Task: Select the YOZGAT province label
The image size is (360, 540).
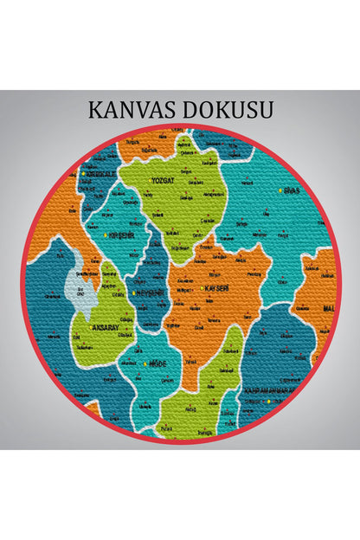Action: tap(163, 181)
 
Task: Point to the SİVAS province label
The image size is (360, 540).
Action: tap(293, 190)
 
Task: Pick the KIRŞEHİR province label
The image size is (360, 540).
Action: tap(121, 235)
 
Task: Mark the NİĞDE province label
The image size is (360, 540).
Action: tap(158, 364)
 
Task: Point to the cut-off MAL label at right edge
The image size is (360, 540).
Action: tap(328, 308)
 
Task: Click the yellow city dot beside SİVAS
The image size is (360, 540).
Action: tap(280, 190)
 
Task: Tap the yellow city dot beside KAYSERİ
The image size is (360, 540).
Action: tap(201, 287)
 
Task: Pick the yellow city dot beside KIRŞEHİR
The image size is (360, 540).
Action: tap(106, 235)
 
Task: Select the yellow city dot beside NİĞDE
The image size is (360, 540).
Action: tap(145, 364)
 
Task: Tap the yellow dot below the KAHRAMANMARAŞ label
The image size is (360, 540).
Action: tap(269, 401)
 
